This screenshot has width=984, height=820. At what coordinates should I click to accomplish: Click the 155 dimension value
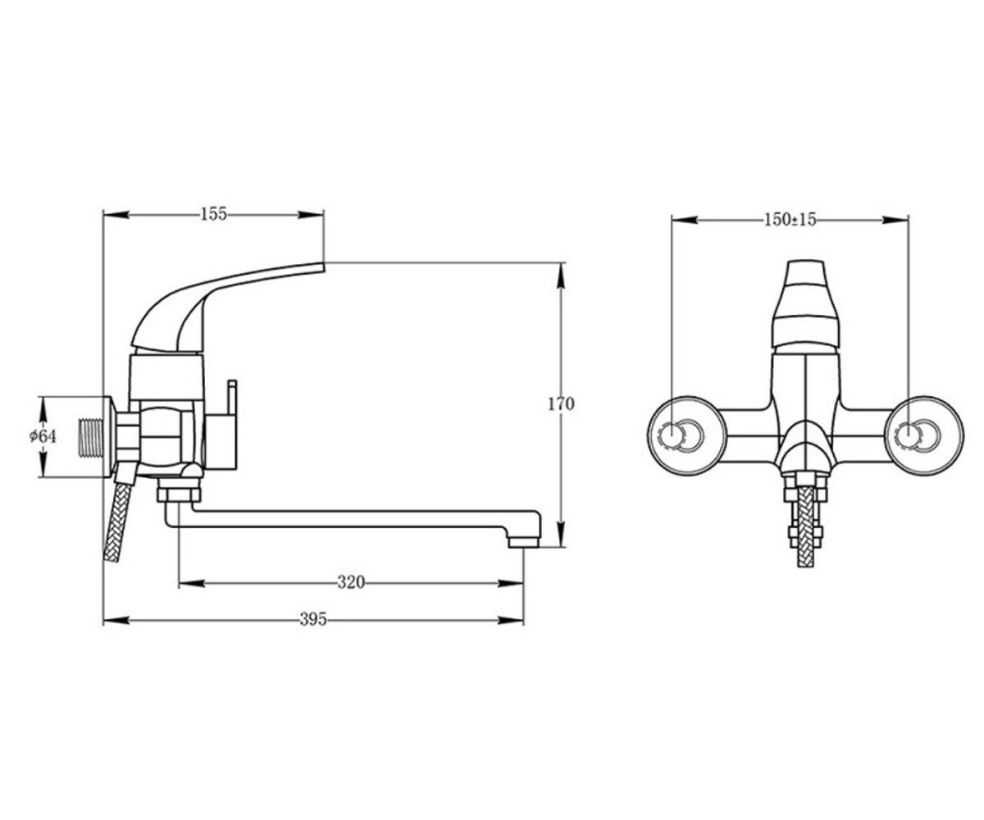214,214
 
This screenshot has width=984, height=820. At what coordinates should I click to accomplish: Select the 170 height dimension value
561,404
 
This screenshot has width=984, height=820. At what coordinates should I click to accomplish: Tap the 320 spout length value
351,582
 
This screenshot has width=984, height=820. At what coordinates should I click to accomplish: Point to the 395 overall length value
313,619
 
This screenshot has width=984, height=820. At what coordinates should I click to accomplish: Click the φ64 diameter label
43,437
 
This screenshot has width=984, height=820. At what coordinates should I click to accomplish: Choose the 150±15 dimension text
790,220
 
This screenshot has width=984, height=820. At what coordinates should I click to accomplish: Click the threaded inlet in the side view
90,438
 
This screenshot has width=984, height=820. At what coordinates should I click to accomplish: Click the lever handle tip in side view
322,267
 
